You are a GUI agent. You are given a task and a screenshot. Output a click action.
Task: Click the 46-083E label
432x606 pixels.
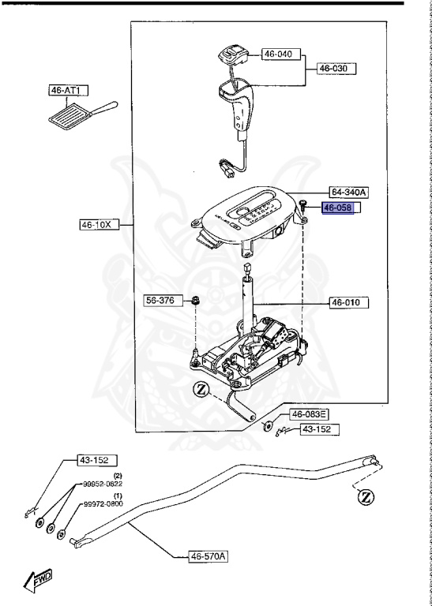click(309, 415)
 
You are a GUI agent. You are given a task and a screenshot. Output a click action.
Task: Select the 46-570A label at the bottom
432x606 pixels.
click(208, 556)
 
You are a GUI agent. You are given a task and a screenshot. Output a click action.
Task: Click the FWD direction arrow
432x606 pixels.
click(38, 582)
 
